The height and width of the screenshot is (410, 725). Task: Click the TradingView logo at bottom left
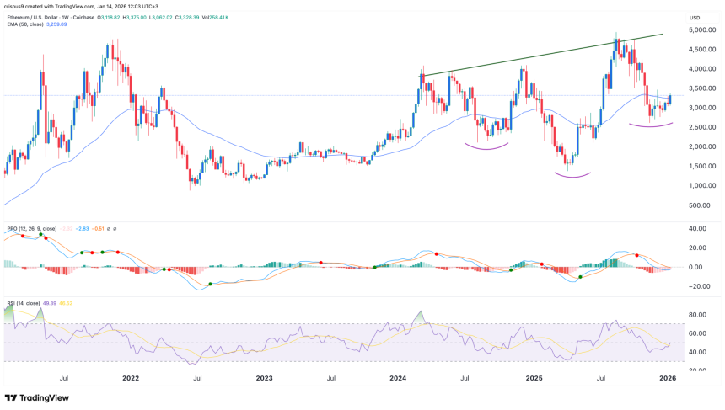click(37, 397)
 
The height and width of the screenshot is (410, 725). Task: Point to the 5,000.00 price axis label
click(701, 30)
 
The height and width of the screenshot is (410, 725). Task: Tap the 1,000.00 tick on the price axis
click(701, 185)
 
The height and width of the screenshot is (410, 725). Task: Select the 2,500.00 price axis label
click(701, 127)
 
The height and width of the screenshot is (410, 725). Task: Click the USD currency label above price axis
click(695, 17)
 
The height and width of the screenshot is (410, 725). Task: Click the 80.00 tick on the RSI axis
click(698, 315)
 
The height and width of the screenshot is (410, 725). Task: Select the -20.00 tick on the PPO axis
click(698, 286)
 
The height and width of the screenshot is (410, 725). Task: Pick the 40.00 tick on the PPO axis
click(698, 228)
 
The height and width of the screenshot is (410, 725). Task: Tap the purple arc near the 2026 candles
click(649, 125)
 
